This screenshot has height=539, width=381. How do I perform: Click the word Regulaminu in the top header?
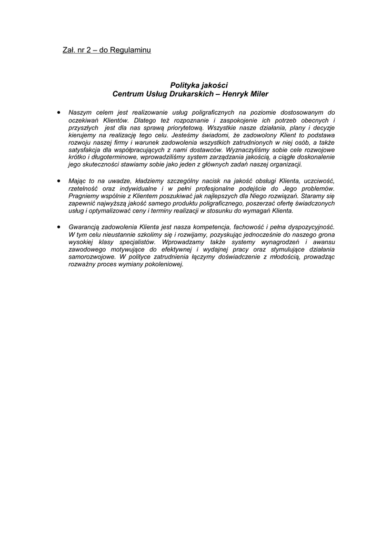tap(130, 51)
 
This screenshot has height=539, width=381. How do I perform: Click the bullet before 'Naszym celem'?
tap(58, 112)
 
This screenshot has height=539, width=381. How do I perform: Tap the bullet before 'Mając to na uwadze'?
tap(58, 180)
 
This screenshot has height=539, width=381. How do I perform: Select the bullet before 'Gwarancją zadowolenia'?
tap(58, 226)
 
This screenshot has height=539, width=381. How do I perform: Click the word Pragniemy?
tap(85, 196)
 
